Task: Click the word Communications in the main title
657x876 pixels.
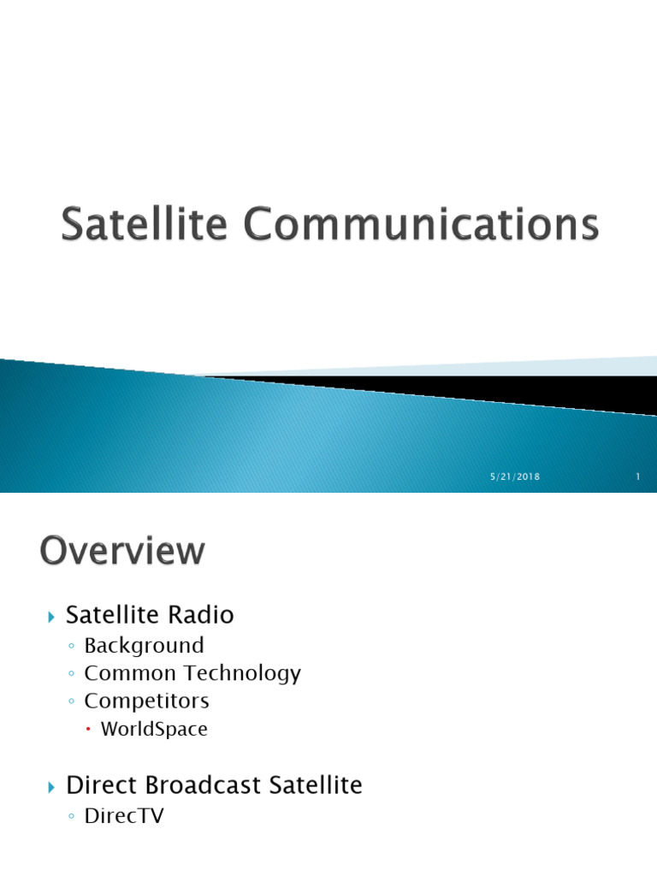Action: tap(421, 226)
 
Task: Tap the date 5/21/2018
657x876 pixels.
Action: tap(515, 477)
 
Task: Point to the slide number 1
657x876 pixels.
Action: tap(638, 477)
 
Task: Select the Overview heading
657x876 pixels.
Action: tap(122, 551)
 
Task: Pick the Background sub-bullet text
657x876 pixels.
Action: tap(144, 645)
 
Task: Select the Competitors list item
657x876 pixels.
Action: tap(146, 701)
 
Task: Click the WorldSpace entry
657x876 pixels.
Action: tap(154, 730)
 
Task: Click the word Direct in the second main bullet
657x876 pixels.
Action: tap(95, 785)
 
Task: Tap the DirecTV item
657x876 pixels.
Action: tap(124, 816)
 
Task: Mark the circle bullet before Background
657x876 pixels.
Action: tap(72, 646)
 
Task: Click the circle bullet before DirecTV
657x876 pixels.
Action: tap(72, 817)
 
